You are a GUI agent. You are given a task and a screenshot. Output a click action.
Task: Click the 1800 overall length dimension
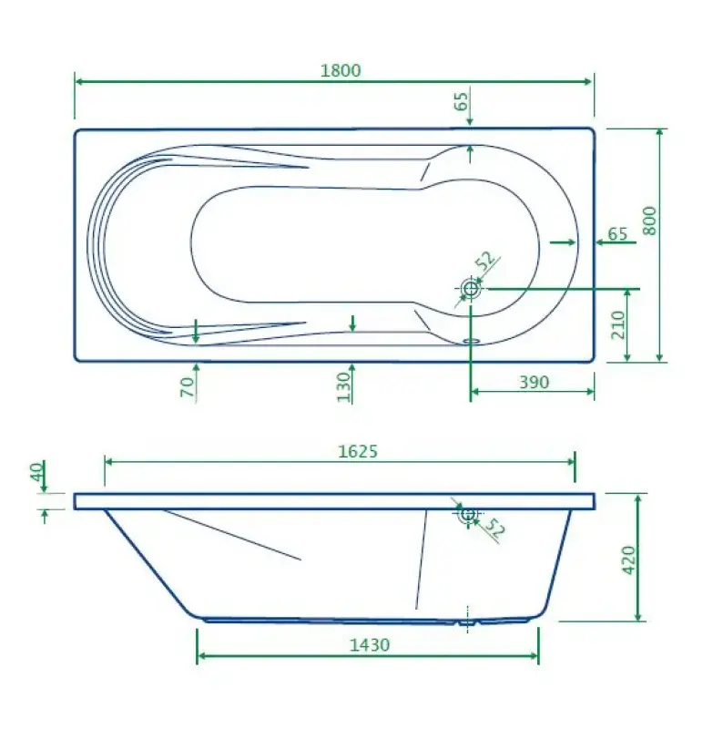(x=341, y=70)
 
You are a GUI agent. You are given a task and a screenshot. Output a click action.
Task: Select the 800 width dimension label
(x=649, y=219)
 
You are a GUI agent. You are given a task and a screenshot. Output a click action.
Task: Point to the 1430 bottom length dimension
(x=369, y=644)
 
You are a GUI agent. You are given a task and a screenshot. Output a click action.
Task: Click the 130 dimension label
(x=343, y=386)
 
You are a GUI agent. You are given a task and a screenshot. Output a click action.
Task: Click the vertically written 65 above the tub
(x=462, y=101)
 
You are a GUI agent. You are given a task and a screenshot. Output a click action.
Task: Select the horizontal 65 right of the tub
(x=617, y=234)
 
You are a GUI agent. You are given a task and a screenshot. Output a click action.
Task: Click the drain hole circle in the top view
(x=471, y=289)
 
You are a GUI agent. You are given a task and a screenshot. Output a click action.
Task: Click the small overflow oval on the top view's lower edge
(x=471, y=343)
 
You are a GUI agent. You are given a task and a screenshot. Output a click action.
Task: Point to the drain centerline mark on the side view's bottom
(x=468, y=620)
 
